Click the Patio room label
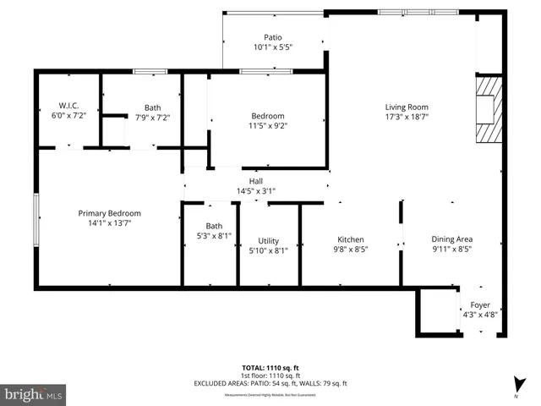click(x=272, y=37)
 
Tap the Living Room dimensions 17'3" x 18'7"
click(x=407, y=119)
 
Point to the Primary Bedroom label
click(x=110, y=213)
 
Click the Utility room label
click(x=269, y=241)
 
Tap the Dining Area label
click(x=452, y=239)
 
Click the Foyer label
click(x=480, y=305)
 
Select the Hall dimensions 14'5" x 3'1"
click(x=255, y=191)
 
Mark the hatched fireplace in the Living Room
click(x=489, y=110)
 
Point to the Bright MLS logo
click(x=34, y=393)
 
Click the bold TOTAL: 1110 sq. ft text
click(x=270, y=368)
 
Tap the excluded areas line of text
click(x=270, y=383)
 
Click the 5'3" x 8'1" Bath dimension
click(x=213, y=237)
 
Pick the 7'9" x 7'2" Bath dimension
click(x=152, y=118)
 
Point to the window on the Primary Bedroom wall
click(x=36, y=219)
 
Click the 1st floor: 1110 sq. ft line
click(x=270, y=376)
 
